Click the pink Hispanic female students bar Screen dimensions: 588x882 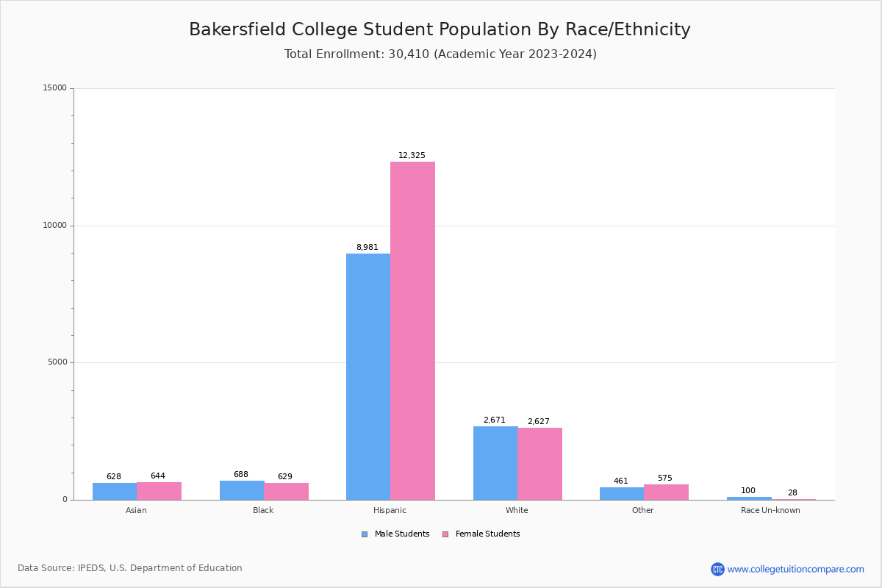coord(412,331)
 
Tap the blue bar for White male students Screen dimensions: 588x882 coord(495,463)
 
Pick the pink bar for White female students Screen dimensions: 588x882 coord(539,464)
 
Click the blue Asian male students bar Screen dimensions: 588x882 coord(115,491)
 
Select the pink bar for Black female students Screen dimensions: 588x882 coord(286,491)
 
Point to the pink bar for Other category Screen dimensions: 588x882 coord(666,492)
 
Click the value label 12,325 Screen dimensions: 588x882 coord(412,156)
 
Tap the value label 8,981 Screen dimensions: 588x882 coord(367,248)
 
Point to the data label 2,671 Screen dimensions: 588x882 coord(494,420)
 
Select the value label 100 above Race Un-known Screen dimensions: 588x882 coord(748,491)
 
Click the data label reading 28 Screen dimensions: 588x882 coord(792,493)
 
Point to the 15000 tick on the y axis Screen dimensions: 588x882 coord(55,88)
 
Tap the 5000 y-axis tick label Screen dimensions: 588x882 coord(57,362)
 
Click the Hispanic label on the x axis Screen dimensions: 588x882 coord(390,510)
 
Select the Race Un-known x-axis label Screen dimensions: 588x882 coord(770,510)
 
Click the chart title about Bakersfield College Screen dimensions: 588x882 coord(440,29)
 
